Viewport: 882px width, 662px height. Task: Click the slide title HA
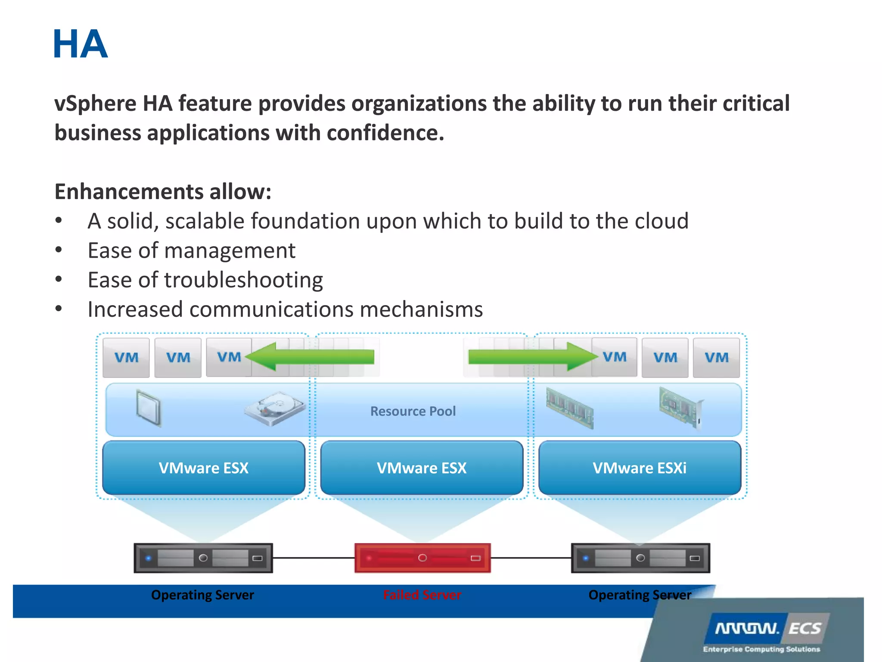tap(80, 44)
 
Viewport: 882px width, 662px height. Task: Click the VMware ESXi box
tap(640, 468)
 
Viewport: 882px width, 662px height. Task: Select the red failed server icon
tap(422, 558)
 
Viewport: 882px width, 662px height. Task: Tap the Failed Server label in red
tap(422, 595)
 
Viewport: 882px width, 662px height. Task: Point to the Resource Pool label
tap(413, 411)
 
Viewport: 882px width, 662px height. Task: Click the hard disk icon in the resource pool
tap(275, 408)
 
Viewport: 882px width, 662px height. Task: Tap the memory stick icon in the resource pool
tap(569, 408)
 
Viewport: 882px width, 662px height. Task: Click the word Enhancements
tap(129, 192)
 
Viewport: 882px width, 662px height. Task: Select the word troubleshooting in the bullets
tap(243, 280)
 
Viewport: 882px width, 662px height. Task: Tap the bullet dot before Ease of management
tap(59, 250)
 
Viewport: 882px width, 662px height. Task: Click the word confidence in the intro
tap(385, 133)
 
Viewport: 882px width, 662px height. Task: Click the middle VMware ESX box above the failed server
tap(422, 468)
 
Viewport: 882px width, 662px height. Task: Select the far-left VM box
tap(126, 357)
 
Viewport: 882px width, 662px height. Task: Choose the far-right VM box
tap(716, 357)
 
